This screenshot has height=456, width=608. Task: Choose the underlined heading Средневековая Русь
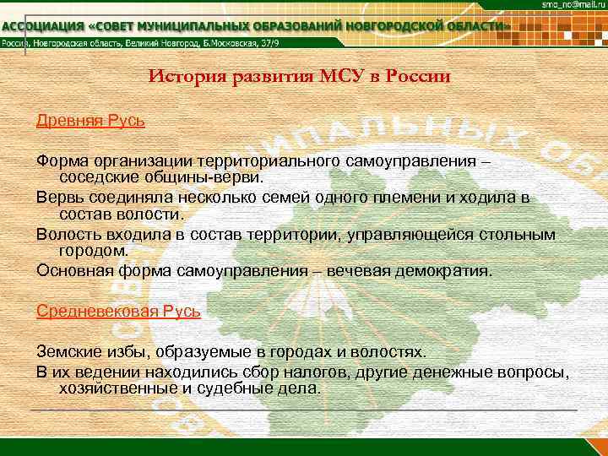tap(118, 310)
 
